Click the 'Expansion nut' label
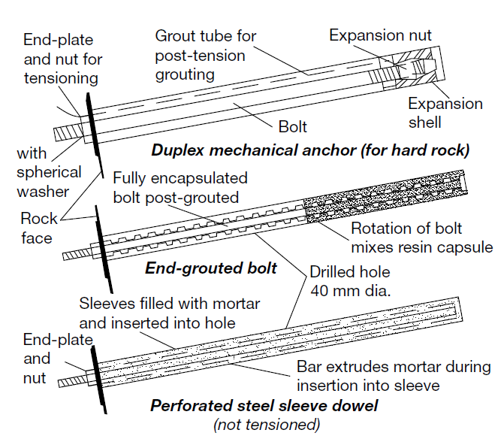point(380,35)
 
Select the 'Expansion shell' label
point(445,113)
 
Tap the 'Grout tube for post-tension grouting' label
point(205,55)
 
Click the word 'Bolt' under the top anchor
point(292,127)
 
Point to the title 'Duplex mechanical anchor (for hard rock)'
point(310,150)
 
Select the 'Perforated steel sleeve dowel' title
point(264,406)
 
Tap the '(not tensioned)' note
point(267,425)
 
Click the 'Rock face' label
point(37,229)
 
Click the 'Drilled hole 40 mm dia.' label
point(351,280)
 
